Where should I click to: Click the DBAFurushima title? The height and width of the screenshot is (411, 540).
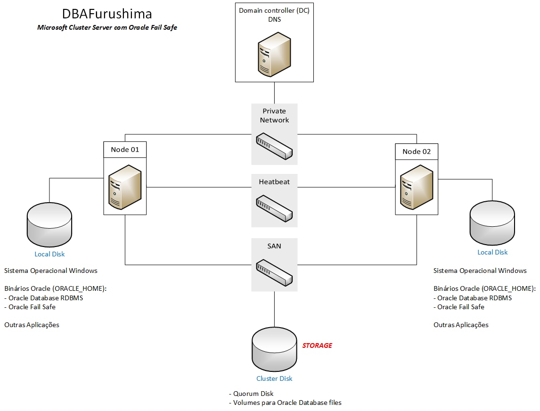107,13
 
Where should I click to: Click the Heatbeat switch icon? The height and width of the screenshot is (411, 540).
274,208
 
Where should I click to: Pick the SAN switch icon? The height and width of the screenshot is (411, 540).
274,272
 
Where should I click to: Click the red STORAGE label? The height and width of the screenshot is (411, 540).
317,345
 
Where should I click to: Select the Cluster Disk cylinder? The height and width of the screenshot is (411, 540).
274,349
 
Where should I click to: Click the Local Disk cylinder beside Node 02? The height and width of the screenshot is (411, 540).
492,223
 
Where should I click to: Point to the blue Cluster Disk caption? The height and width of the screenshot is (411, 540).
274,378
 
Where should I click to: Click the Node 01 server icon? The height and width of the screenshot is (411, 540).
125,187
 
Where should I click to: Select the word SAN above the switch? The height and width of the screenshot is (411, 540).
274,246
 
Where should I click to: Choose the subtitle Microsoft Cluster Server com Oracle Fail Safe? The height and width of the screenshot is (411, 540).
107,28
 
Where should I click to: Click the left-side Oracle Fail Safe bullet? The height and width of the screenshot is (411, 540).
32,307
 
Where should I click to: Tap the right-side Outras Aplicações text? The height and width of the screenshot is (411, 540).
461,325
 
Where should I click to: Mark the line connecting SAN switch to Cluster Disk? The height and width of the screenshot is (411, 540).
274,309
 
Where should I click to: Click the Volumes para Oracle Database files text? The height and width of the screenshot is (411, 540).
287,403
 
